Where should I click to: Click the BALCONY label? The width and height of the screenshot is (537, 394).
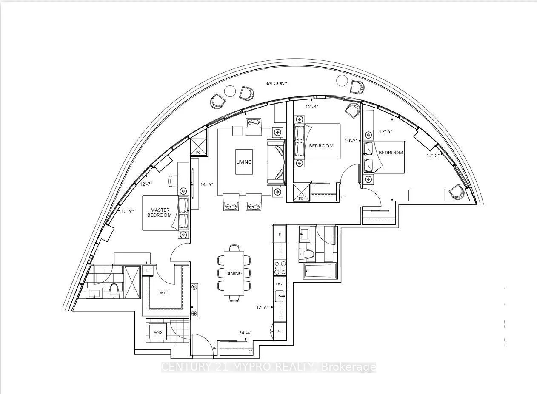[276, 83]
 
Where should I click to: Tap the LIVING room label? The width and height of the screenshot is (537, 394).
[244, 162]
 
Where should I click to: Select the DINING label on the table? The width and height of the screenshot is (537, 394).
[234, 273]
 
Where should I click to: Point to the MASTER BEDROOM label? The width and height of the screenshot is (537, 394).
[160, 213]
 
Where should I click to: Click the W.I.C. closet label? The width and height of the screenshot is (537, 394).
[164, 293]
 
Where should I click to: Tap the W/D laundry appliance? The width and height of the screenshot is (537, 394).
[158, 332]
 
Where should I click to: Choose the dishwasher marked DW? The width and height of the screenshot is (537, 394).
[279, 284]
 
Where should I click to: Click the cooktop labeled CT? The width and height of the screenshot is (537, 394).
[280, 268]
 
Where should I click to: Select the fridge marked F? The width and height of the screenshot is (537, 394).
[279, 235]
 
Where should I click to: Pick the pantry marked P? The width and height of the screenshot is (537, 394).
[280, 331]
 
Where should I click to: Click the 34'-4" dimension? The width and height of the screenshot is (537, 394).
[245, 333]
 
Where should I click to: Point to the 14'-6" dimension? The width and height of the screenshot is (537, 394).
[207, 184]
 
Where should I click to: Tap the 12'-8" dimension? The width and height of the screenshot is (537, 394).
[311, 107]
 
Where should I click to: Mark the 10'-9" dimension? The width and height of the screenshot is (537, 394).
[127, 211]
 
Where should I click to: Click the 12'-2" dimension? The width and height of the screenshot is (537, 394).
[433, 156]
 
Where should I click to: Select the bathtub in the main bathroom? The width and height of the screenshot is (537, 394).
[320, 271]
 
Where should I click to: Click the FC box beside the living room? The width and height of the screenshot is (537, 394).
[198, 147]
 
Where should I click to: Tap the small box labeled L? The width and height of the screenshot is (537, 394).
[147, 271]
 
